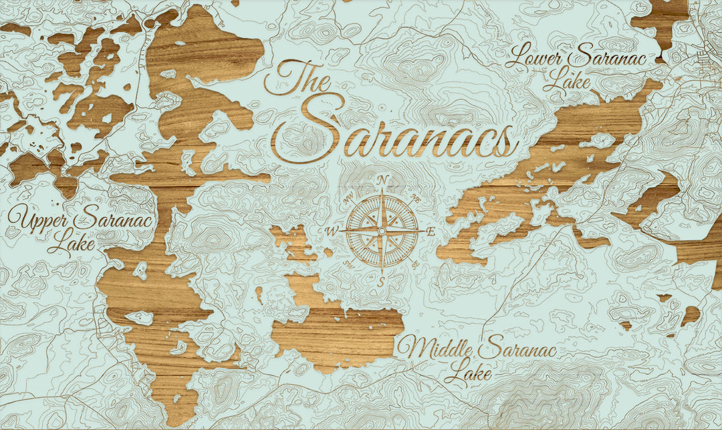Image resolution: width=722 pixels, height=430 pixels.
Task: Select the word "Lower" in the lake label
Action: [x=535, y=57]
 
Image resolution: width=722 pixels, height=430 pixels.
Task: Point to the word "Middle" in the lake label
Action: [x=436, y=349]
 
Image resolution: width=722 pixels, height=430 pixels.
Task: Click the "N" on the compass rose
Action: [x=382, y=180]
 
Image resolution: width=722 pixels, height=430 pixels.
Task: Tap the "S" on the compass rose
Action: [x=381, y=281]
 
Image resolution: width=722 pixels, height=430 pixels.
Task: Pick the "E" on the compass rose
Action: [x=431, y=231]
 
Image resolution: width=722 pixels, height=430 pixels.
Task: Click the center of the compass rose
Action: [x=382, y=230]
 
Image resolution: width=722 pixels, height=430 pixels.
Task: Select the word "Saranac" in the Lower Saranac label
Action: [x=610, y=57]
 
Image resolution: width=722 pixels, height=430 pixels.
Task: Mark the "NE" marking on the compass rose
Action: [x=415, y=198]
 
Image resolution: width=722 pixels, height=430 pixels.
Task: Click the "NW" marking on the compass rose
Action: [x=348, y=198]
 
